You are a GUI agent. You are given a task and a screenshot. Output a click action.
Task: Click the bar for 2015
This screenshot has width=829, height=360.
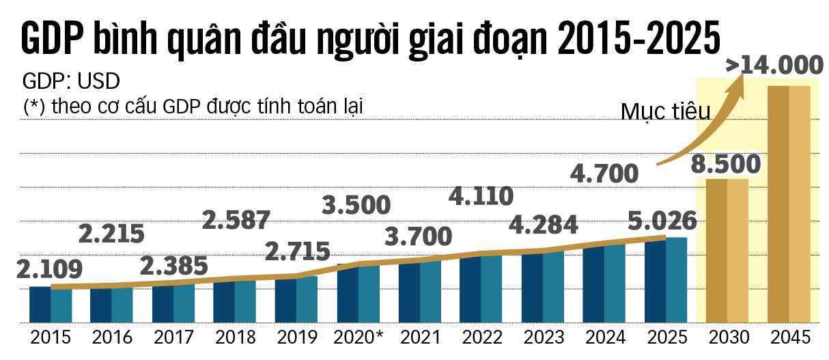[50, 305]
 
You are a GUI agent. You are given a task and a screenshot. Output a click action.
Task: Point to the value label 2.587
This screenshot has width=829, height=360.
[236, 220]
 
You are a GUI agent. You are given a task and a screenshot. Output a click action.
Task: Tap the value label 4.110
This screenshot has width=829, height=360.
[481, 196]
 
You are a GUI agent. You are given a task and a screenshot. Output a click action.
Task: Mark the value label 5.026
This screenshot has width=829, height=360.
[664, 221]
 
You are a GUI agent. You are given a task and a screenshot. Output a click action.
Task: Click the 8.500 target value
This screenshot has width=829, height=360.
[725, 165]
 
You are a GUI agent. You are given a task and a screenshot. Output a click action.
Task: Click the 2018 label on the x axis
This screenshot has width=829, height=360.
[235, 337]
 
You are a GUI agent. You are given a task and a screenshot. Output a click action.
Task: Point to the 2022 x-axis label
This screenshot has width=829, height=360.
[482, 337]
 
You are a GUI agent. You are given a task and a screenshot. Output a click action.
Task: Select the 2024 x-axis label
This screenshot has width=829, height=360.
[605, 337]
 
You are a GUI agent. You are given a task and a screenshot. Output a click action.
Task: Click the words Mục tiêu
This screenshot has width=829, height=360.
[656, 111]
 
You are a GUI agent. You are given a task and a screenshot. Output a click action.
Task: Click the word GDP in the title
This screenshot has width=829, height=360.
[52, 39]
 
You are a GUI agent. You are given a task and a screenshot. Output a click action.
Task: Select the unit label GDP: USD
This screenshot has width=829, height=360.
[72, 82]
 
